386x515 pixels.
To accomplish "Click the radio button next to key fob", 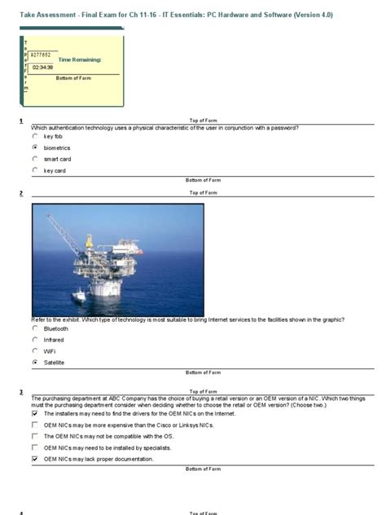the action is pyautogui.click(x=35, y=137).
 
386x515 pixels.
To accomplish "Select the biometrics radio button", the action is pyautogui.click(x=35, y=148).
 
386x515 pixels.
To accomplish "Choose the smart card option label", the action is pyautogui.click(x=57, y=160).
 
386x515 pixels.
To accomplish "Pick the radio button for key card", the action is pyautogui.click(x=35, y=171).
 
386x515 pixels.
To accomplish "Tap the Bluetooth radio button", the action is pyautogui.click(x=35, y=328).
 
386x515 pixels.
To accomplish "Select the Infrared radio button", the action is pyautogui.click(x=35, y=340).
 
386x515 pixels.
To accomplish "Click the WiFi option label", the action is pyautogui.click(x=50, y=351).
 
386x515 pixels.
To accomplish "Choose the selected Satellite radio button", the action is pyautogui.click(x=35, y=362).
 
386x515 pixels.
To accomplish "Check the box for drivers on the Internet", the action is pyautogui.click(x=34, y=413).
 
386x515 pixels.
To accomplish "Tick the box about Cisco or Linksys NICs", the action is pyautogui.click(x=34, y=425).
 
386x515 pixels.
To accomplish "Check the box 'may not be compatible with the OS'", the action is pyautogui.click(x=34, y=436).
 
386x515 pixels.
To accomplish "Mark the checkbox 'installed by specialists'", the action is pyautogui.click(x=34, y=447).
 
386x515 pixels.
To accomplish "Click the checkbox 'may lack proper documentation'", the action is pyautogui.click(x=34, y=459).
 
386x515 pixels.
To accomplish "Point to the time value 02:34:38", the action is pyautogui.click(x=42, y=67).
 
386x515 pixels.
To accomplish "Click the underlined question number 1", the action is pyautogui.click(x=21, y=121).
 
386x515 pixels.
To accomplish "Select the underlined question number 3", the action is pyautogui.click(x=21, y=392).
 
